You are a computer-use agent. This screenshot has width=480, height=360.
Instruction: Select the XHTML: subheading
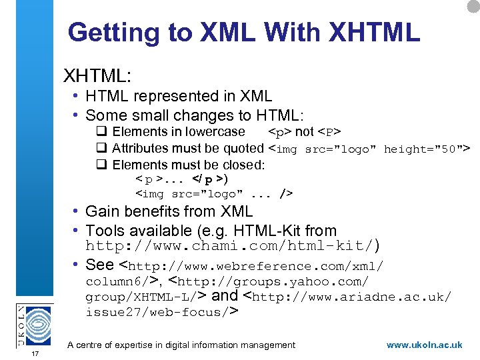pos(97,73)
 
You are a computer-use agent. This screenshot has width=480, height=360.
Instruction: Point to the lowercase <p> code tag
pos(280,132)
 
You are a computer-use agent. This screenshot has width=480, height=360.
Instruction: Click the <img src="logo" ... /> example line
pos(213,194)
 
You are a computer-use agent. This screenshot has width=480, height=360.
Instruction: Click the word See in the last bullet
pos(100,264)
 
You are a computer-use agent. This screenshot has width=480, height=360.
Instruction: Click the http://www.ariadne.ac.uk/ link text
pos(353,296)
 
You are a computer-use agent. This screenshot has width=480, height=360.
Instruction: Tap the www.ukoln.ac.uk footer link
pos(424,345)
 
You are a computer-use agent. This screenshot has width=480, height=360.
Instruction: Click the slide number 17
pos(35,353)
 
